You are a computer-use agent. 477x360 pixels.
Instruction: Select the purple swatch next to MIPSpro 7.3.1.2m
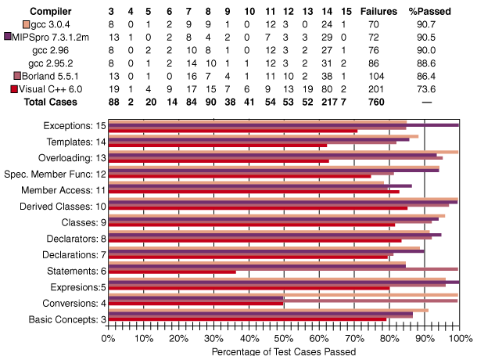coord(7,36)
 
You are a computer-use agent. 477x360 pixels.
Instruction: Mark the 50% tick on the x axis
coord(284,338)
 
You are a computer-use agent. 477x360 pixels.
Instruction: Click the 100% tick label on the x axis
coord(460,338)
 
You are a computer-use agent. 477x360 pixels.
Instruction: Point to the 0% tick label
coord(109,338)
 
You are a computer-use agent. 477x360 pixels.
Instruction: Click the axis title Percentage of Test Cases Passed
coord(284,351)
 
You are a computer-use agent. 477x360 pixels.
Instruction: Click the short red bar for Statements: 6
coord(172,272)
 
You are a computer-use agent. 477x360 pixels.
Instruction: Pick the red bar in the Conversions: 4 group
coord(195,304)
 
